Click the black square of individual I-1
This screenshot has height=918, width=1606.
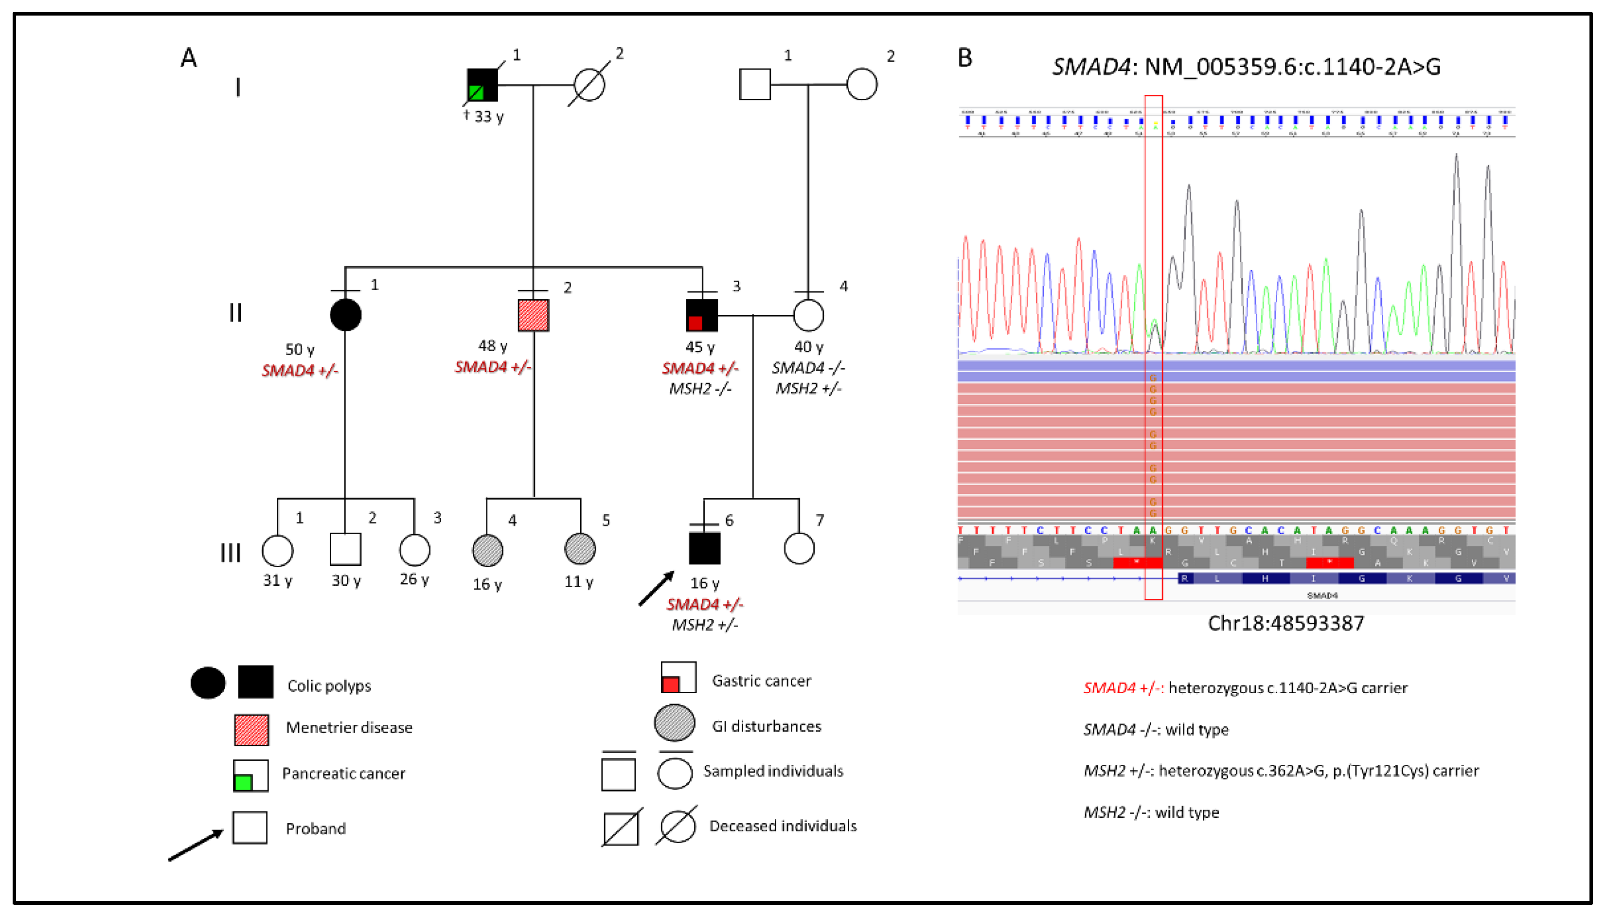coord(482,85)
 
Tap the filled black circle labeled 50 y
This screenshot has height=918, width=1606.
coord(345,315)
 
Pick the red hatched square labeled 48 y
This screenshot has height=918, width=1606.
coord(533,315)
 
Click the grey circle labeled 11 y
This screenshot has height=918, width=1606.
coord(580,549)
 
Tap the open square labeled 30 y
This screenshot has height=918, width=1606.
coord(345,549)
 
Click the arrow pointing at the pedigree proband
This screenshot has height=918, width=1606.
coord(656,589)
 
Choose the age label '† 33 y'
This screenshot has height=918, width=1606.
coord(483,117)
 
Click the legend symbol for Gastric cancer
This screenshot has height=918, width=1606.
coord(678,677)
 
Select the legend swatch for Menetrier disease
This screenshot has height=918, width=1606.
coord(251,730)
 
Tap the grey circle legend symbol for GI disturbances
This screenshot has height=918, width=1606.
coord(675,723)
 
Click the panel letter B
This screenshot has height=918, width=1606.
coord(965,58)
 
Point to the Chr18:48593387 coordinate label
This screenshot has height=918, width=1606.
coord(1286,624)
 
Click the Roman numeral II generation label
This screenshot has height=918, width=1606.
coord(236,313)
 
